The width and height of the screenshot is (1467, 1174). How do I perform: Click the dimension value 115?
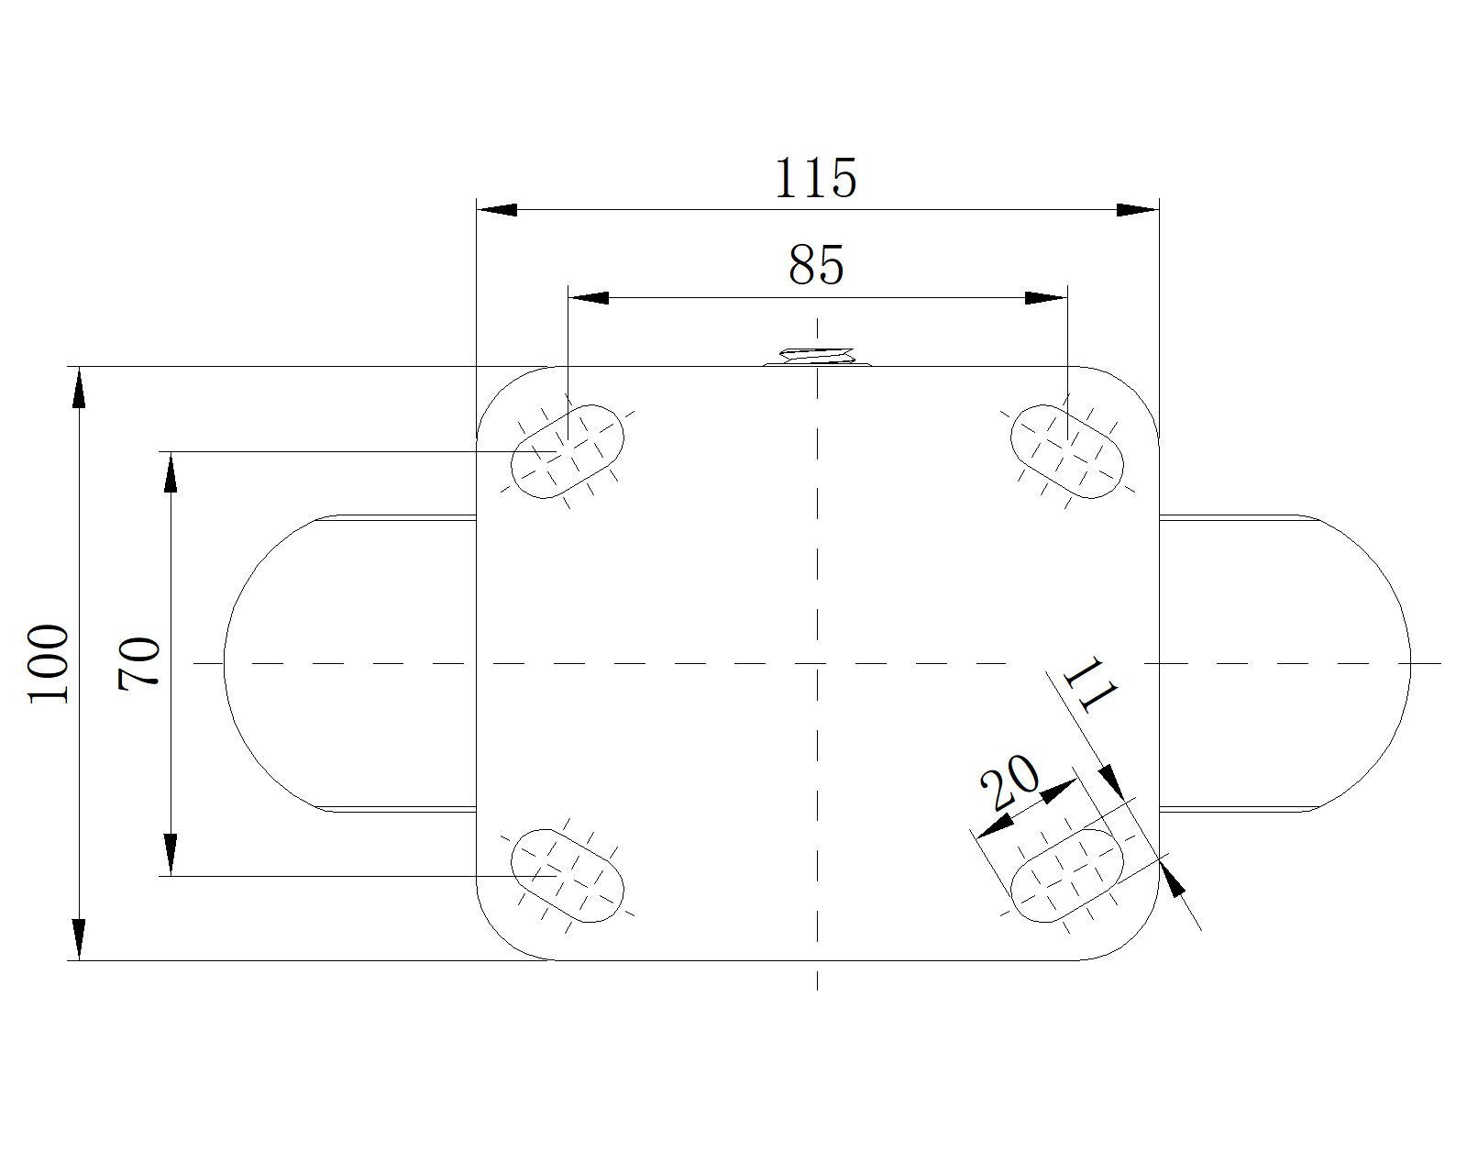point(815,178)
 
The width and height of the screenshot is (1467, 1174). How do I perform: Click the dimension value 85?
point(816,265)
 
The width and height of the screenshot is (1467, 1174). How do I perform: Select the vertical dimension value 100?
point(49,664)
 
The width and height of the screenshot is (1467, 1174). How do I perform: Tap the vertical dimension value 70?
point(138,664)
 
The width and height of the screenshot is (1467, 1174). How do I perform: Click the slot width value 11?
point(1089,685)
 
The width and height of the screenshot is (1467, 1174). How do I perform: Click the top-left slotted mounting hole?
point(568,451)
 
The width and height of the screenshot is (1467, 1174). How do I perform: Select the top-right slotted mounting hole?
point(1067,451)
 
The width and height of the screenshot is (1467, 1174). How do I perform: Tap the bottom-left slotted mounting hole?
point(568,876)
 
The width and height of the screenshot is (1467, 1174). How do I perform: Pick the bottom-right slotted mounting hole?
point(1067,876)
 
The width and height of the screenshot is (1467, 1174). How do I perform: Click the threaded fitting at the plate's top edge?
point(817,357)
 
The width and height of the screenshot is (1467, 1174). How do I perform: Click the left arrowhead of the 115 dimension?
point(496,209)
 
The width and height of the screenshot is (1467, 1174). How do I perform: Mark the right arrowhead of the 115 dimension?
point(1139,209)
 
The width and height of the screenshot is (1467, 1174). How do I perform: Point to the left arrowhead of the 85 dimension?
point(589,297)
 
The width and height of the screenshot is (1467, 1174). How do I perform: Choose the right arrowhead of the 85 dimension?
point(1046,297)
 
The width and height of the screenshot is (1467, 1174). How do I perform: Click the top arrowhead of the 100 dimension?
point(79,387)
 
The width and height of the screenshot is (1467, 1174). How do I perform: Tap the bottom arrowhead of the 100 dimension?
point(79,940)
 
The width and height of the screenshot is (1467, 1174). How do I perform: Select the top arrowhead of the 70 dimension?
point(171,472)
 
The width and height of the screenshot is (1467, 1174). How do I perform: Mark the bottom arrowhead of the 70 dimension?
point(171,856)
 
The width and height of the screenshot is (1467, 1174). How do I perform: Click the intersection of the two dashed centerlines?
point(817,663)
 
